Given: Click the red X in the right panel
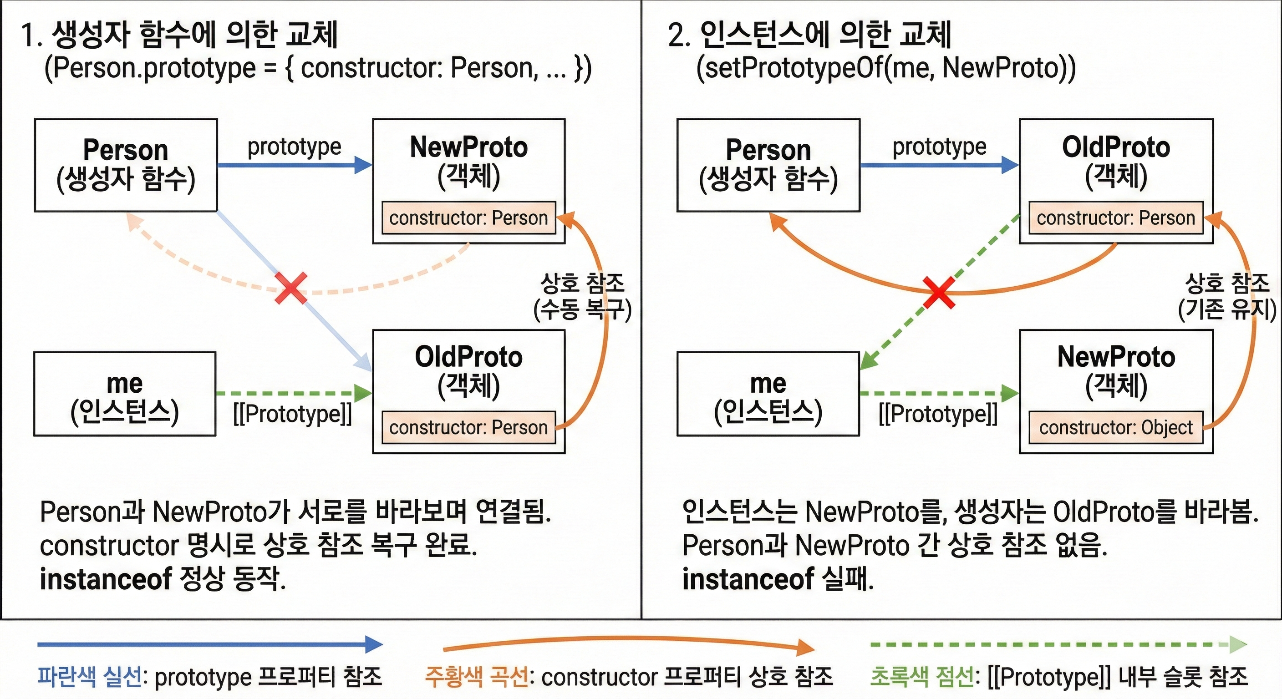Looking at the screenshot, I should [x=939, y=293].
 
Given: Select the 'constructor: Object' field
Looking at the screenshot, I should [x=1116, y=427].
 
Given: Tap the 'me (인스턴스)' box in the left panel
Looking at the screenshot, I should [x=125, y=394].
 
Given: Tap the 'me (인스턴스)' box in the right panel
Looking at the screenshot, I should [x=768, y=394].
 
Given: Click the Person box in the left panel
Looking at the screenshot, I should [x=126, y=165].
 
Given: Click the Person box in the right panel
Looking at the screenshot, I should [x=768, y=165].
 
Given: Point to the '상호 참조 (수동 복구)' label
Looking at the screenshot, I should [x=582, y=296].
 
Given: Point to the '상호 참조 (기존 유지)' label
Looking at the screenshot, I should [x=1227, y=296].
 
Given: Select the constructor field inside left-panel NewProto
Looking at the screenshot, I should [x=468, y=218].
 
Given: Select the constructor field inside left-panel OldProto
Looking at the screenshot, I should [x=468, y=427].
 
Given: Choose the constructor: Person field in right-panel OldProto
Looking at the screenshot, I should [x=1116, y=218].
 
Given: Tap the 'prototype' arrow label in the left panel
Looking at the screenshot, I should [x=294, y=147].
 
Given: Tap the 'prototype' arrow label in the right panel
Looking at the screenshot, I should [x=939, y=147].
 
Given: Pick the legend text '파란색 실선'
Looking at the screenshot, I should [x=90, y=677].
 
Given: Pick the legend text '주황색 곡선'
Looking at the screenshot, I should [x=476, y=677].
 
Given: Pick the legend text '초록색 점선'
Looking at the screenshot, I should [x=922, y=677].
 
